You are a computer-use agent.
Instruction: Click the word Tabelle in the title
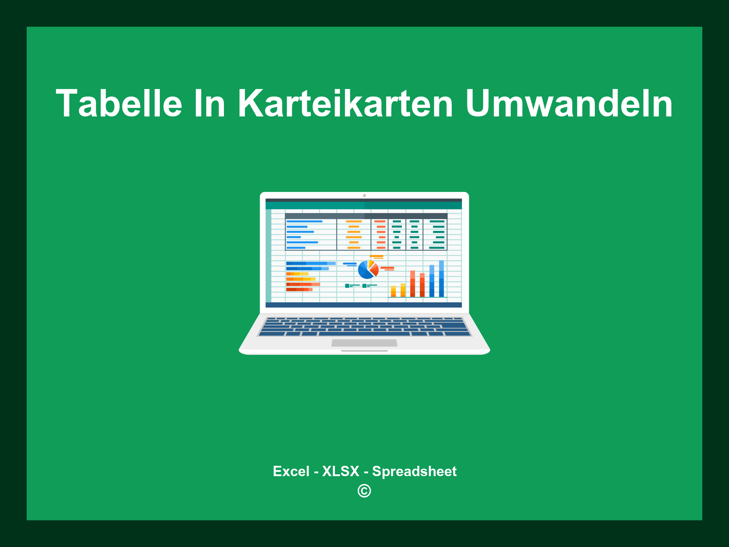[x=119, y=104]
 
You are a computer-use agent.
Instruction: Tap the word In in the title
[x=210, y=104]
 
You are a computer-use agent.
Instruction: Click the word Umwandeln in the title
[x=569, y=104]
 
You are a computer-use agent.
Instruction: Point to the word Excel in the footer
[x=291, y=472]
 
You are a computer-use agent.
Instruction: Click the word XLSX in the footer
[x=341, y=472]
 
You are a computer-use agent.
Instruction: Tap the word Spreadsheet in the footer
[x=414, y=472]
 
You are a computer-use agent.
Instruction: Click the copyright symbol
[x=364, y=491]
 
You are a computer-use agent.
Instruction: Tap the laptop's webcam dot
[x=364, y=196]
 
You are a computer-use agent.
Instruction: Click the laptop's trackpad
[x=364, y=343]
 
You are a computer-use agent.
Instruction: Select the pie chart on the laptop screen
[x=368, y=270]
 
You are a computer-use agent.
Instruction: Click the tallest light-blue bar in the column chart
[x=441, y=278]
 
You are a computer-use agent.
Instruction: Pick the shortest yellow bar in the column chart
[x=393, y=291]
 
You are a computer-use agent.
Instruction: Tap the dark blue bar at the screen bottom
[x=363, y=305]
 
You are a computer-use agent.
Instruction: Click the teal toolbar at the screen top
[x=363, y=205]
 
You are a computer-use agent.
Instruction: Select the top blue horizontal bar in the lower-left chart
[x=310, y=264]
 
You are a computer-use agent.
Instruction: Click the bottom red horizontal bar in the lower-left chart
[x=299, y=290]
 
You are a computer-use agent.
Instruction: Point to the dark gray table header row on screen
[x=366, y=216]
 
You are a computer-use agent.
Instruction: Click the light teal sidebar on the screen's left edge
[x=268, y=255]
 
